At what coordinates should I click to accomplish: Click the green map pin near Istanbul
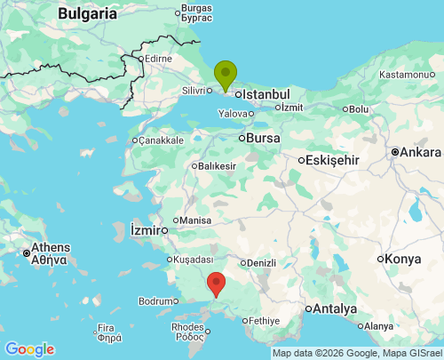tap(226, 74)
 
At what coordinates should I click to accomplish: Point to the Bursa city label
tap(264, 138)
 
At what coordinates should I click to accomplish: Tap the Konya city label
tap(404, 259)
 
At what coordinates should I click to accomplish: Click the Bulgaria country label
tap(87, 13)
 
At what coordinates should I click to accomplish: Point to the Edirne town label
tap(158, 59)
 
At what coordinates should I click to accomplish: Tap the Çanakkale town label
tap(162, 140)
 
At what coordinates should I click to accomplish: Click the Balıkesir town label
tap(218, 166)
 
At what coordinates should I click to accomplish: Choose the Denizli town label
tap(261, 263)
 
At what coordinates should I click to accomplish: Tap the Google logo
tap(29, 349)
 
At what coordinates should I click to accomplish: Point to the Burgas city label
tap(195, 9)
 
